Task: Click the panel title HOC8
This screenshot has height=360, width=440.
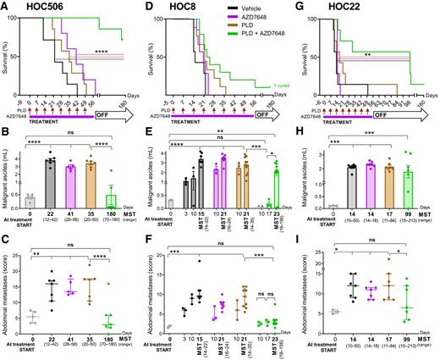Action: tap(184, 8)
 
